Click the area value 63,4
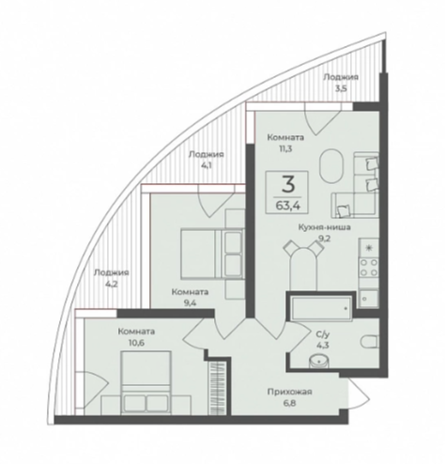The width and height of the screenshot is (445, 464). tap(286, 206)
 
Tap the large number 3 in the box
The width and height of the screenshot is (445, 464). tap(288, 184)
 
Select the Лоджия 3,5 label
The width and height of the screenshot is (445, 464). tap(341, 83)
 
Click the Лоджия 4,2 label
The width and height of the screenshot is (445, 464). tap(111, 278)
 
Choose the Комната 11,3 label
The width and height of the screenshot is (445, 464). tap(285, 143)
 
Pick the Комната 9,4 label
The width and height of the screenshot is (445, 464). tap(190, 298)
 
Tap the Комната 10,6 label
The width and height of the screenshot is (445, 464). tap(136, 336)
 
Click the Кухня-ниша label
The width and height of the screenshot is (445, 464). tap(324, 227)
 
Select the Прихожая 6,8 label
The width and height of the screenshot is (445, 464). tap(289, 397)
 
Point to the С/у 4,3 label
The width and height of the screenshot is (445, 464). tap(323, 340)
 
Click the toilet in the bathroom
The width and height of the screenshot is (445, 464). tap(370, 341)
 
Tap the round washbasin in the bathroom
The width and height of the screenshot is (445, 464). tap(319, 361)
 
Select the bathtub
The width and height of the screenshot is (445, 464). tap(321, 309)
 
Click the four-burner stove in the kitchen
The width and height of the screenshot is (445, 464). tap(369, 268)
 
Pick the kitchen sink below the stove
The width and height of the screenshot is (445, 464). tap(368, 299)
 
